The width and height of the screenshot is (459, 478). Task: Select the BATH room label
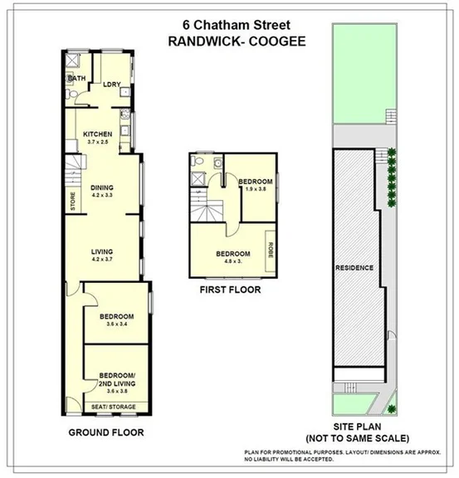coord(76,78)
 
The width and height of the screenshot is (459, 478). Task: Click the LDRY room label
coord(111,85)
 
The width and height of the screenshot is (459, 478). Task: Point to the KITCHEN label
coord(98,134)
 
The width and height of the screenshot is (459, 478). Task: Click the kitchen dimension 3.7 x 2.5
coord(98,143)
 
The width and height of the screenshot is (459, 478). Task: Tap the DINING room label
coord(102,187)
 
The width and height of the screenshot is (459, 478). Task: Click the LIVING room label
coord(102,251)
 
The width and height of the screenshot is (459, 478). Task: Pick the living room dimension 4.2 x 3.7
coord(102,260)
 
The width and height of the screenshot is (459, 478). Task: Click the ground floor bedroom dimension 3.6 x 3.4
coord(117,324)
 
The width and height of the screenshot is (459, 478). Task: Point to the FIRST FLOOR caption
coord(231,290)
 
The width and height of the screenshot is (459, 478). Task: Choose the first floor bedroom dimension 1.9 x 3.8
coord(255,188)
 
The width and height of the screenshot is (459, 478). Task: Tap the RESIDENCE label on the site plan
coord(354,267)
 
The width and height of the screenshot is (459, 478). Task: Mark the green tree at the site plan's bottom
coord(393,404)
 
